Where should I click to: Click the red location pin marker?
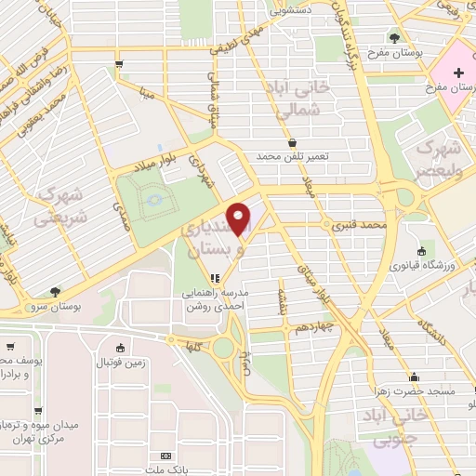tap(240, 219)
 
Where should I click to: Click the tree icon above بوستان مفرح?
tap(395, 38)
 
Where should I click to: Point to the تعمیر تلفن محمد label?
tap(293, 156)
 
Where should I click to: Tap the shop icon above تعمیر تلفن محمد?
tap(294, 143)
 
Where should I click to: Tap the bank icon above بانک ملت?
tap(166, 456)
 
